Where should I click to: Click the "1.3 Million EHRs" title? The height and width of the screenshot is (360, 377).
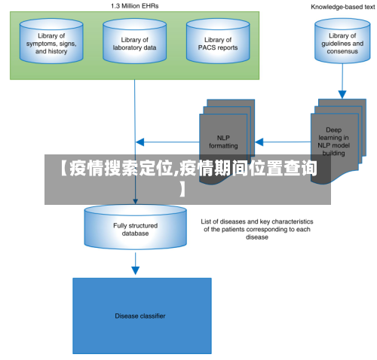coord(135,6)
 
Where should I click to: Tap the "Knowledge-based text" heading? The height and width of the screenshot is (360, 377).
coord(343,7)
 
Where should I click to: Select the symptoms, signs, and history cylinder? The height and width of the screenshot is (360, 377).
coord(51,41)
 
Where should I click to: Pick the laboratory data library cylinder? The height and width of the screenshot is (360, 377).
coord(134,41)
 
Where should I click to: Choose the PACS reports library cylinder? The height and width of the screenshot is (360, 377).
coord(218,41)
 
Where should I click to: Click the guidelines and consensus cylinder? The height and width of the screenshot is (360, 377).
coord(342,41)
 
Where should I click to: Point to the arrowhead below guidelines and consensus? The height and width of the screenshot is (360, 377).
coord(342,94)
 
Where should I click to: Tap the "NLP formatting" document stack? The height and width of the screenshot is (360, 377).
coord(227,142)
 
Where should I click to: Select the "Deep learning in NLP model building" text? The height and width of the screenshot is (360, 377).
coord(333,142)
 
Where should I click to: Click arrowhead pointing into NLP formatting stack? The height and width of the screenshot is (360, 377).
coord(259,142)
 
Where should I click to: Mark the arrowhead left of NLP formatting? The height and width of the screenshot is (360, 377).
coord(140,142)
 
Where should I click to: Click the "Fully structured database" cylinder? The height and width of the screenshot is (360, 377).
coord(135,227)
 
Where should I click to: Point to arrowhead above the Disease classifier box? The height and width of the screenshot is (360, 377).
coord(136,270)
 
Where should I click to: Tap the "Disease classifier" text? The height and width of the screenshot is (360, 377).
coord(140,316)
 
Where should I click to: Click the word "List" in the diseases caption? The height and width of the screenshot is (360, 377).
coord(206,221)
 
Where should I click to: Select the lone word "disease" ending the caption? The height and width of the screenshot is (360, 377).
coord(257,237)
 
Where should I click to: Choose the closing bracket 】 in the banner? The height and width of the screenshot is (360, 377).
coord(182,189)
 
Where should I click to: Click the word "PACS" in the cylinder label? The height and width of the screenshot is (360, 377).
coord(205,47)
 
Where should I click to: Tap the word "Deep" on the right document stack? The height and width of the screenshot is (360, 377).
coord(333,130)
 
